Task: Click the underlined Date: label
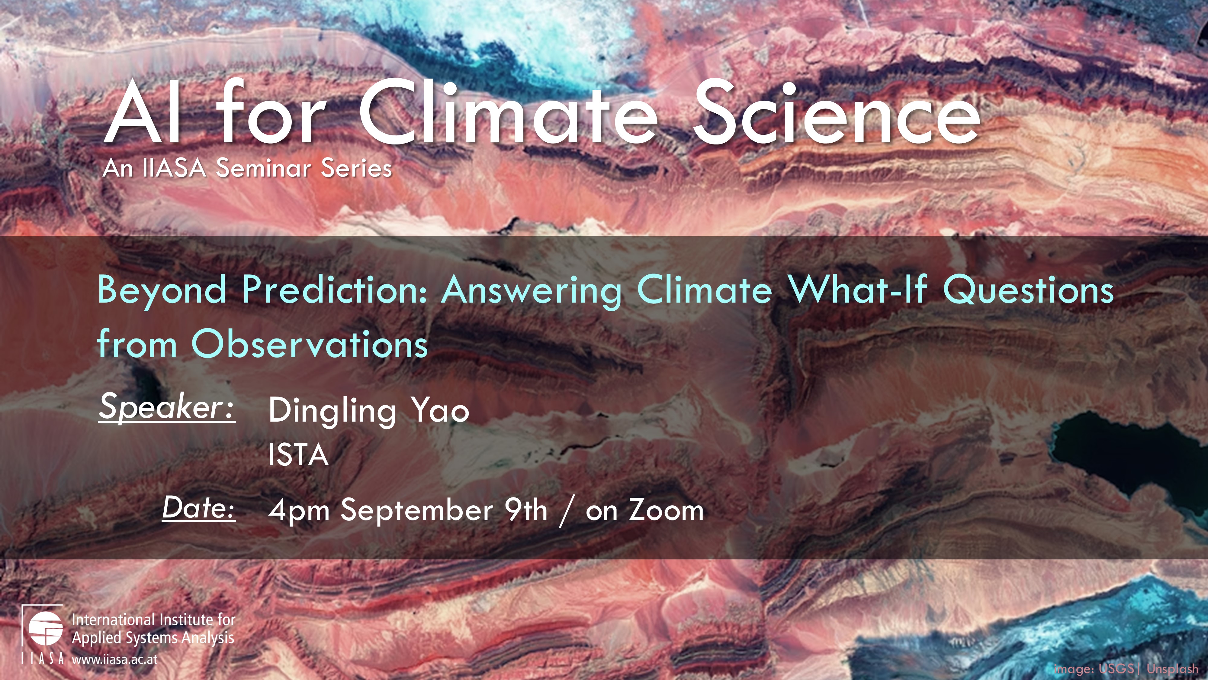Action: tap(199, 508)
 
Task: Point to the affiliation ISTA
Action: tap(298, 454)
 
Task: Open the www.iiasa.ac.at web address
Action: tap(115, 659)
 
